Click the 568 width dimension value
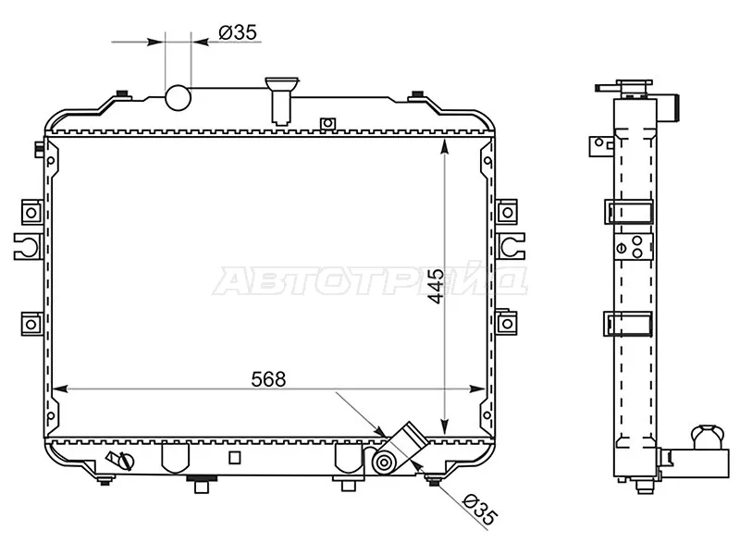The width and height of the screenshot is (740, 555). [x=268, y=378]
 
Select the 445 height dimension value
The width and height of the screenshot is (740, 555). [x=435, y=286]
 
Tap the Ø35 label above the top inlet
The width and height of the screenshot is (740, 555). [x=238, y=32]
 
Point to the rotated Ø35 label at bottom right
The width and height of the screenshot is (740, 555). [x=480, y=511]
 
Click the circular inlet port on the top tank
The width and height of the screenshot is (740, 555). [x=178, y=98]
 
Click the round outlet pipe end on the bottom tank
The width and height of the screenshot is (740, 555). [x=383, y=463]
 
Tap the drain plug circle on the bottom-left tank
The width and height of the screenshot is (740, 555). [x=127, y=460]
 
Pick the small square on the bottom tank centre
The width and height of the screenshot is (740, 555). [x=235, y=457]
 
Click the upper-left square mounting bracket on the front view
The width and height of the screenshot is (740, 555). [x=31, y=213]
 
